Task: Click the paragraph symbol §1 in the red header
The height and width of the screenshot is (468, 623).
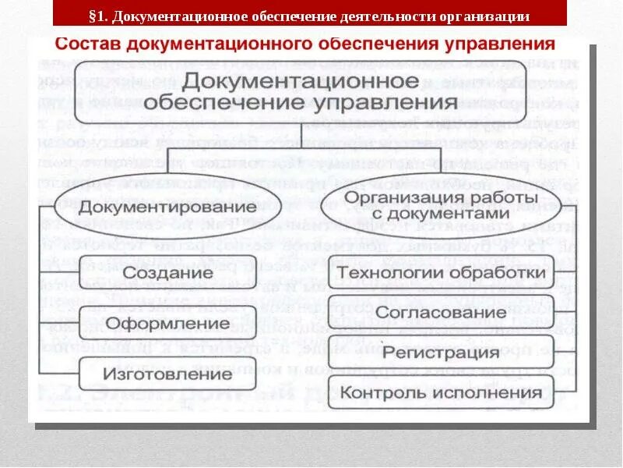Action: coord(99,16)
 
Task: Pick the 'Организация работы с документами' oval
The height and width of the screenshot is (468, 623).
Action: coord(441,205)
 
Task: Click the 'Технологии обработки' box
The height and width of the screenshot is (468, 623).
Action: coord(441,273)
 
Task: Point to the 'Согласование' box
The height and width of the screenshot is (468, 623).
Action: coord(441,312)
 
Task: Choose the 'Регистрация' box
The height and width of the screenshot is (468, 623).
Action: coord(441,353)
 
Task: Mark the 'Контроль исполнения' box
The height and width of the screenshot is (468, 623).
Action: coord(441,392)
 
